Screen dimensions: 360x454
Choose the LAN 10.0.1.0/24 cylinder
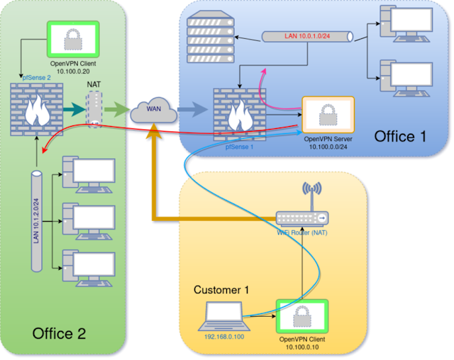click(306, 35)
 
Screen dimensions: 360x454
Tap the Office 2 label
click(60, 333)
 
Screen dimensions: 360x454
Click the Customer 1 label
click(222, 291)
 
